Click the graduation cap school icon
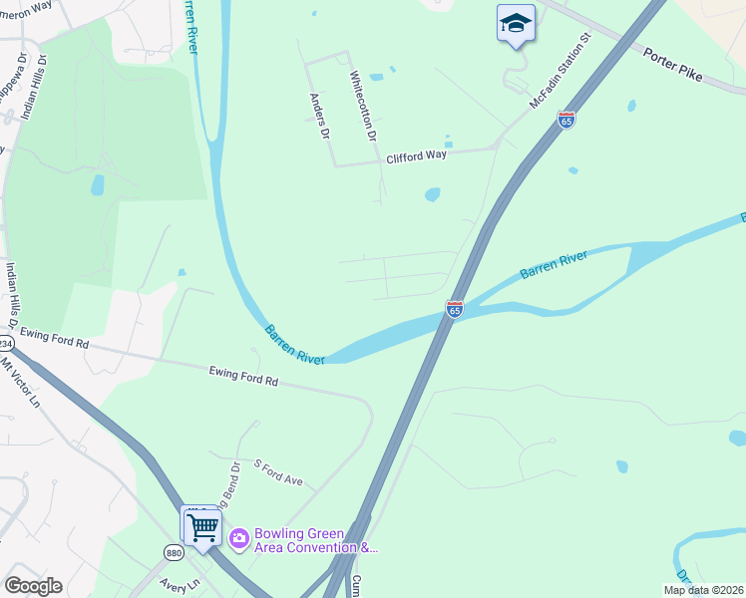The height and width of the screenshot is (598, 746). point(516,24)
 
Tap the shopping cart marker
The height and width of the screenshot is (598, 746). point(202,527)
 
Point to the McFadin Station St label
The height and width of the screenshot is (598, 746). point(559,72)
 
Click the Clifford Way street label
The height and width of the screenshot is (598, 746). point(417,156)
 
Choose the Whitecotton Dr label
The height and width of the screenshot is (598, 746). point(363,105)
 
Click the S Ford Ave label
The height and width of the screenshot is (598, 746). point(278,472)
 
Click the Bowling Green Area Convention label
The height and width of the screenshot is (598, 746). point(315,540)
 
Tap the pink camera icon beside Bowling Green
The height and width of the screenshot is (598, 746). point(238,539)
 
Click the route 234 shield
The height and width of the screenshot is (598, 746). point(5,342)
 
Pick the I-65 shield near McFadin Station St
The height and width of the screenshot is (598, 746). point(566,120)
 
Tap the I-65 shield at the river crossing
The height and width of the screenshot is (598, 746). point(455,310)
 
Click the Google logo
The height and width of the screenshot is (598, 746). point(33,586)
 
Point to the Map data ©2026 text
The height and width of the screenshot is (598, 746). point(703,590)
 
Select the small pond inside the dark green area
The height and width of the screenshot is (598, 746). point(97,184)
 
